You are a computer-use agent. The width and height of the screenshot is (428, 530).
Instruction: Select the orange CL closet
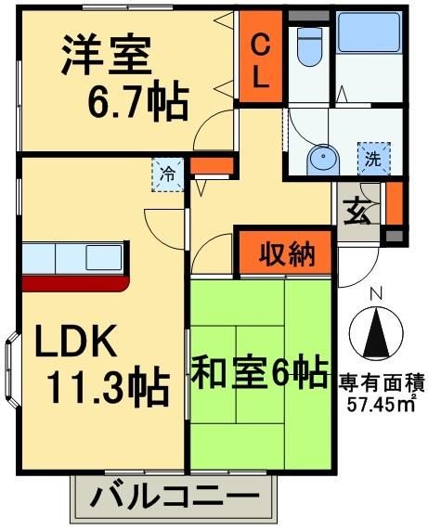261,60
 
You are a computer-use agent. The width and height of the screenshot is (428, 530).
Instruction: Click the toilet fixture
307,45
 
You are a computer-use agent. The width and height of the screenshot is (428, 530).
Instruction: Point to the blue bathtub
367,34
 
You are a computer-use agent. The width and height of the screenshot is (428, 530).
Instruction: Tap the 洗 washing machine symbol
372,158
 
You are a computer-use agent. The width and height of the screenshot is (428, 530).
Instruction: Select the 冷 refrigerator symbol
168,174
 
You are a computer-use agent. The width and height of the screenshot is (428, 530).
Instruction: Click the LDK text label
77,344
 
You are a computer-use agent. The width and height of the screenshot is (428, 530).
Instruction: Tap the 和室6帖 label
259,373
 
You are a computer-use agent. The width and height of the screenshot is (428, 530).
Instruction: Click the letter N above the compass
376,294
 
